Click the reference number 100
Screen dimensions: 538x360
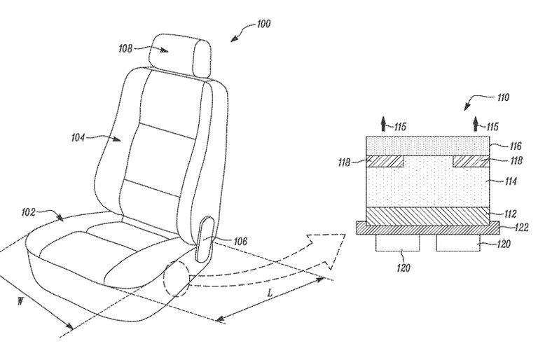coord(263,24)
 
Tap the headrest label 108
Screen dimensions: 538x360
coord(125,48)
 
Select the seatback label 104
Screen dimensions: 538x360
coord(78,137)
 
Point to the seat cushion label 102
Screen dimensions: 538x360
coord(28,212)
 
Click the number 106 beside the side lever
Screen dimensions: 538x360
coord(240,242)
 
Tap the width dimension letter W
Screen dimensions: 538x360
coord(20,302)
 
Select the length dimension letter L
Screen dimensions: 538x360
coord(270,293)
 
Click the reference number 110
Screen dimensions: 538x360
coord(503,97)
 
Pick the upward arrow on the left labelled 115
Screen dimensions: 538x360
coord(384,123)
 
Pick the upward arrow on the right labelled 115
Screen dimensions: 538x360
coord(476,123)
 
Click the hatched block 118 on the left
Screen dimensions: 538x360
coord(385,162)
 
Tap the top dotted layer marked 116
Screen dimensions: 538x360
coord(428,146)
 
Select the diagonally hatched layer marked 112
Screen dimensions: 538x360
coord(428,216)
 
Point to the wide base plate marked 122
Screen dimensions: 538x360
coord(428,228)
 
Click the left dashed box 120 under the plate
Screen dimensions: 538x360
coord(398,243)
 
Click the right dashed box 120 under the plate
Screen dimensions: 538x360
coord(458,243)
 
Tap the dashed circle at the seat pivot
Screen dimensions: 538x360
coord(164,278)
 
